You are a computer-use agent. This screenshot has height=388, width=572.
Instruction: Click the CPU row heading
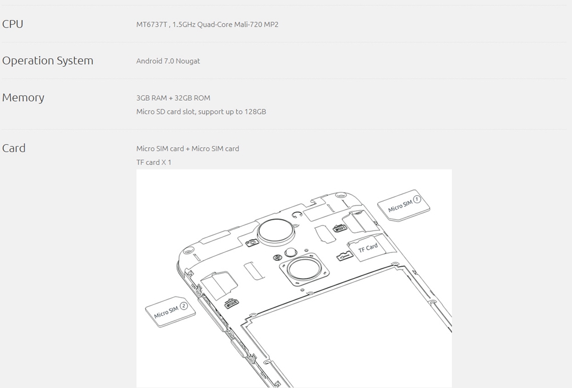click(x=13, y=24)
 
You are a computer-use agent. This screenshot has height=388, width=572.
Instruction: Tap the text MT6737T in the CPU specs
click(x=152, y=25)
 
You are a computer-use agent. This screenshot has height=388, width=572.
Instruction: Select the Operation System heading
click(x=48, y=61)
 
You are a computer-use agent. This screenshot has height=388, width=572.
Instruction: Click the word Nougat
click(x=188, y=61)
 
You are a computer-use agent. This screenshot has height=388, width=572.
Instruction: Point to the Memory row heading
click(x=23, y=97)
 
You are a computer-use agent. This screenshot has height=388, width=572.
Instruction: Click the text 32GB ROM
click(x=192, y=98)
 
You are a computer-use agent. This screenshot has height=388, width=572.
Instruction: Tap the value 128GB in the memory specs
click(x=255, y=112)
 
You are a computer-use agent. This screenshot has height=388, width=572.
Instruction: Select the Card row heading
click(x=14, y=148)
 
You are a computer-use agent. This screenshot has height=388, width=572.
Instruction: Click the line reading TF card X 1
click(x=153, y=162)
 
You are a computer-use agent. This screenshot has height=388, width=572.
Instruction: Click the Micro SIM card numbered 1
click(x=403, y=205)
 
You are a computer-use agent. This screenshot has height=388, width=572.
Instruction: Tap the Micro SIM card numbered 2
click(x=170, y=311)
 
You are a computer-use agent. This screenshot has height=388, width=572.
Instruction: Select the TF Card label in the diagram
click(x=368, y=248)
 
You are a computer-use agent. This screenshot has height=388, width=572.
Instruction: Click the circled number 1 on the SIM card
click(x=417, y=199)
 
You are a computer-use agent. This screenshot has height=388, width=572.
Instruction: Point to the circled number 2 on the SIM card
click(x=184, y=306)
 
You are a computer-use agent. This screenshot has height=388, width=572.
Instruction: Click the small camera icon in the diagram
click(x=251, y=243)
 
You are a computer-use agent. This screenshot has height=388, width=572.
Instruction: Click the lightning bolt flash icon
click(x=277, y=258)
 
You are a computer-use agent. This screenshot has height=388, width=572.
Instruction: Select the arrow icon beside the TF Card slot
click(x=344, y=256)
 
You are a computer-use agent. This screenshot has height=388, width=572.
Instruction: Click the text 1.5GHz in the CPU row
click(x=184, y=25)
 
